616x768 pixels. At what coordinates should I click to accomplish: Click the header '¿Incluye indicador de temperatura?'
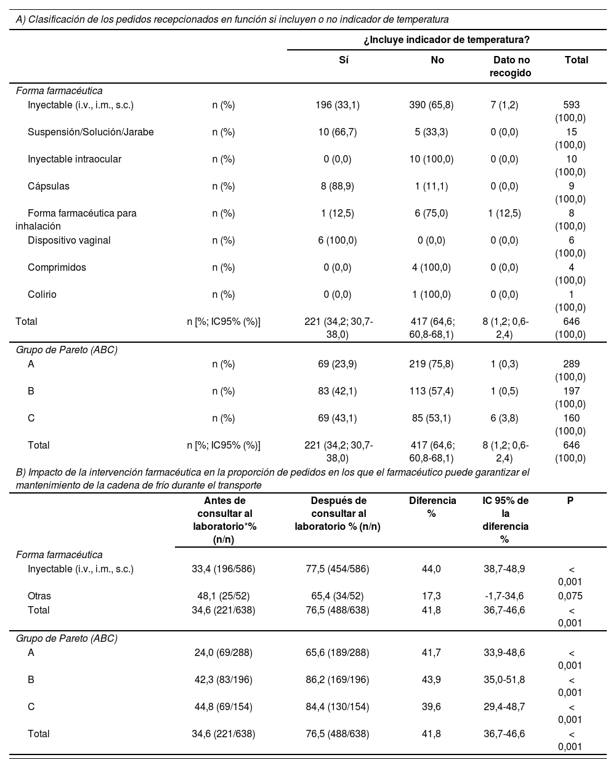(447, 39)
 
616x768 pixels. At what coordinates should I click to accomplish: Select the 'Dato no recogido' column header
(511, 66)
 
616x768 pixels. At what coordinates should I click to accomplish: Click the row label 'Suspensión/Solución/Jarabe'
(91, 132)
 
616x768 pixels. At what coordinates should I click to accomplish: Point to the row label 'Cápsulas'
(49, 186)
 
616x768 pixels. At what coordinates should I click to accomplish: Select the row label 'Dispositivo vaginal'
(69, 240)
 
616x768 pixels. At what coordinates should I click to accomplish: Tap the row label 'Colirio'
(42, 294)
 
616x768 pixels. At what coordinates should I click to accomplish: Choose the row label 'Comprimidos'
(57, 267)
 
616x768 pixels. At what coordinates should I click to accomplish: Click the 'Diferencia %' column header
(432, 506)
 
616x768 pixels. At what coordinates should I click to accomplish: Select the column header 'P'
(570, 500)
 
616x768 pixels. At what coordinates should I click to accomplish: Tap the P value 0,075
(570, 596)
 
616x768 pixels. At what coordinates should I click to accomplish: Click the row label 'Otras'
(39, 596)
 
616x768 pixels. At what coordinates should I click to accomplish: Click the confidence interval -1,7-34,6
(504, 596)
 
